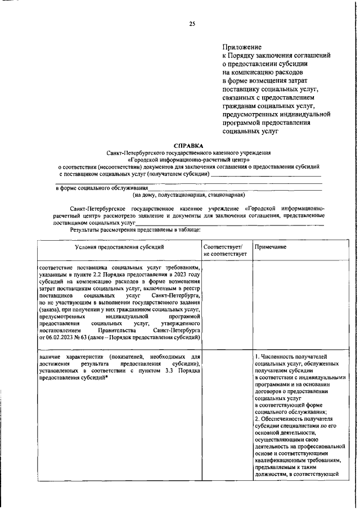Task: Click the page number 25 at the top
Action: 192,23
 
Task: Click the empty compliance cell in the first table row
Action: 224,304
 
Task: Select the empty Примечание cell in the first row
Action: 299,304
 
